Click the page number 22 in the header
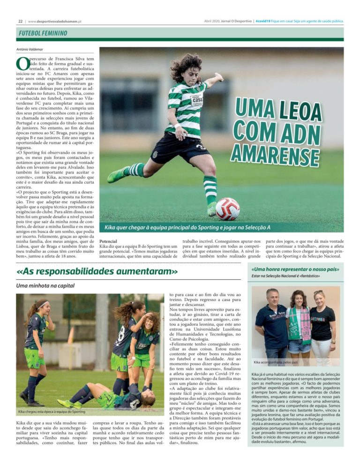[x=20, y=21]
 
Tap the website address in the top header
[x=55, y=21]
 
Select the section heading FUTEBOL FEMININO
[x=43, y=34]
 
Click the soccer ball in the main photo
[x=228, y=209]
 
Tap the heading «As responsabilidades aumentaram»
[x=97, y=272]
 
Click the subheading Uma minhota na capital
[x=45, y=285]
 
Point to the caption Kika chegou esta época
[x=52, y=412]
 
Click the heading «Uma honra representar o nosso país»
[x=295, y=269]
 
